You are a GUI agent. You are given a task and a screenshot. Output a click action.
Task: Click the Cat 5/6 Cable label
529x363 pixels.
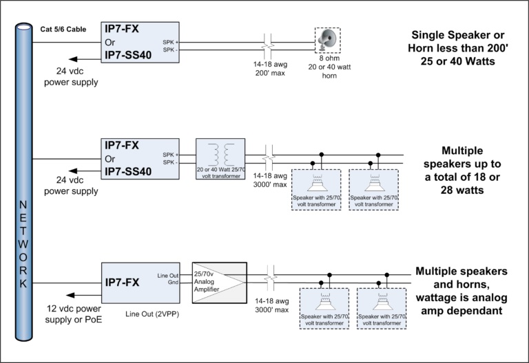pyautogui.click(x=63, y=30)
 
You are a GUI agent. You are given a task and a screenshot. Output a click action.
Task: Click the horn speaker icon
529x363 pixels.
pyautogui.click(x=327, y=40)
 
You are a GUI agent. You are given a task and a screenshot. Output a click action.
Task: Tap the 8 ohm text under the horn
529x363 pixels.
pyautogui.click(x=329, y=58)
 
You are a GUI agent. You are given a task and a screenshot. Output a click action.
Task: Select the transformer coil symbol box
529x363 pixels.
pyautogui.click(x=220, y=159)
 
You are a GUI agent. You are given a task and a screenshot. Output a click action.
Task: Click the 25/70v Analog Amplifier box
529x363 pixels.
pyautogui.click(x=219, y=283)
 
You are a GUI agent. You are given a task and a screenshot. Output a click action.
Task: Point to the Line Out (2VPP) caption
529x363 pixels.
pyautogui.click(x=152, y=314)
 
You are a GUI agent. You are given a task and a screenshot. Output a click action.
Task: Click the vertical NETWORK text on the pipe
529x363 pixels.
pyautogui.click(x=23, y=244)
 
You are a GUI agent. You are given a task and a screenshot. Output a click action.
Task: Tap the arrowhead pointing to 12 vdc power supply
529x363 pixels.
pyautogui.click(x=70, y=296)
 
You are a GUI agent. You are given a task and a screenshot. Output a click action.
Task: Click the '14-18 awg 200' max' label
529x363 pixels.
pyautogui.click(x=270, y=69)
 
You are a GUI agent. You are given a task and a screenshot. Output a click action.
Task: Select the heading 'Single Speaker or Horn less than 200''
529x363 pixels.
pyautogui.click(x=458, y=41)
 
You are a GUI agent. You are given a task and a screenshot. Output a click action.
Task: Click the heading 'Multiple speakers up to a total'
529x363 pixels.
pyautogui.click(x=462, y=164)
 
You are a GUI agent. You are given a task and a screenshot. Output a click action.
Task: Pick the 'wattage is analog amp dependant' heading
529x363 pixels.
pyautogui.click(x=461, y=304)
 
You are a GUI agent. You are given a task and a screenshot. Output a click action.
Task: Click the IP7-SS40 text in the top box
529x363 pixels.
pyautogui.click(x=128, y=55)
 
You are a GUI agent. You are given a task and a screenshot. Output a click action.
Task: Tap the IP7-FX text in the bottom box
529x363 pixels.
pyautogui.click(x=122, y=282)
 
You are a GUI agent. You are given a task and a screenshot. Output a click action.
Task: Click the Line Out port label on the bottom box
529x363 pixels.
pyautogui.click(x=167, y=276)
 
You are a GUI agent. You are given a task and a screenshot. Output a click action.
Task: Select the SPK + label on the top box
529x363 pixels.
pyautogui.click(x=170, y=43)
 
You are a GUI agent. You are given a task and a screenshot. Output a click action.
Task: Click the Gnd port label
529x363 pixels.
pyautogui.click(x=173, y=282)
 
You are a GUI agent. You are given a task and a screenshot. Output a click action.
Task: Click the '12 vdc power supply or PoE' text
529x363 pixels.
pyautogui.click(x=74, y=313)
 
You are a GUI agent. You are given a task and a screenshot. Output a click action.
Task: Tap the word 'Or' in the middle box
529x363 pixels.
pyautogui.click(x=110, y=159)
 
